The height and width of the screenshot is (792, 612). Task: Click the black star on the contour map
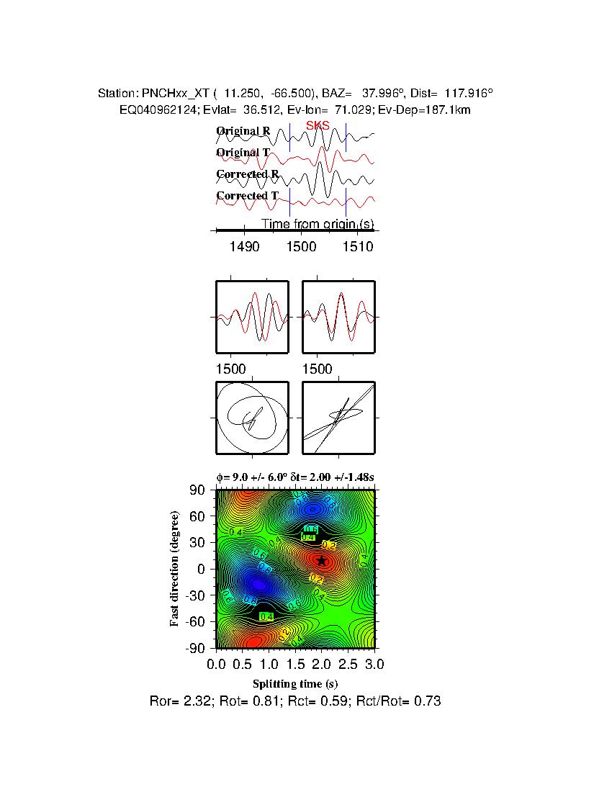pyautogui.click(x=322, y=561)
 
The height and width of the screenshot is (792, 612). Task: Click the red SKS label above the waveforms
pyautogui.click(x=318, y=125)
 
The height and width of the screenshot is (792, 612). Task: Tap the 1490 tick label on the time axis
pyautogui.click(x=244, y=246)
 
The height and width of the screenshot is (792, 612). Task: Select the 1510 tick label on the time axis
pyautogui.click(x=358, y=246)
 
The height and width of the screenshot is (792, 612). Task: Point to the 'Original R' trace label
pyautogui.click(x=243, y=131)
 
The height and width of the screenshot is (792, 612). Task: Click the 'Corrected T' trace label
pyautogui.click(x=247, y=196)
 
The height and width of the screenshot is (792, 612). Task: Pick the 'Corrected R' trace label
pyautogui.click(x=248, y=174)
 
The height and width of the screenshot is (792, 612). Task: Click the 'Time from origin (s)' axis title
pyautogui.click(x=317, y=224)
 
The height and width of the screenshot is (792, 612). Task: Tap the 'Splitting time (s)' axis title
pyautogui.click(x=295, y=683)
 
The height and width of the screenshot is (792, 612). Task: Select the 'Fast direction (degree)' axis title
pyautogui.click(x=175, y=569)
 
